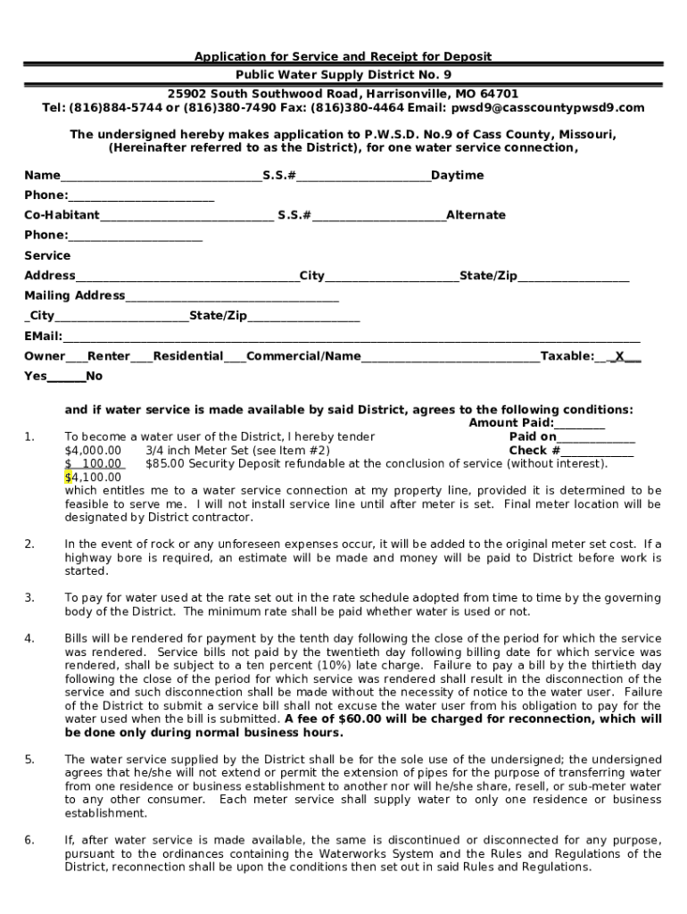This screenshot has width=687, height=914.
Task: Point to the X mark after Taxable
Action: tap(619, 356)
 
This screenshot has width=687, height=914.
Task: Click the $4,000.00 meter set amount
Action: tap(93, 451)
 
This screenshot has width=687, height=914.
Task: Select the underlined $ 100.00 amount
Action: tap(95, 464)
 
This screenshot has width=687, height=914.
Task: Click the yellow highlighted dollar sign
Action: tap(68, 478)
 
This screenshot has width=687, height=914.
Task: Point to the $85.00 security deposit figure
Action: tap(164, 464)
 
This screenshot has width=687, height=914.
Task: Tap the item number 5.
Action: tap(29, 760)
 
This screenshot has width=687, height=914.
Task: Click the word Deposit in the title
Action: tap(464, 56)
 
